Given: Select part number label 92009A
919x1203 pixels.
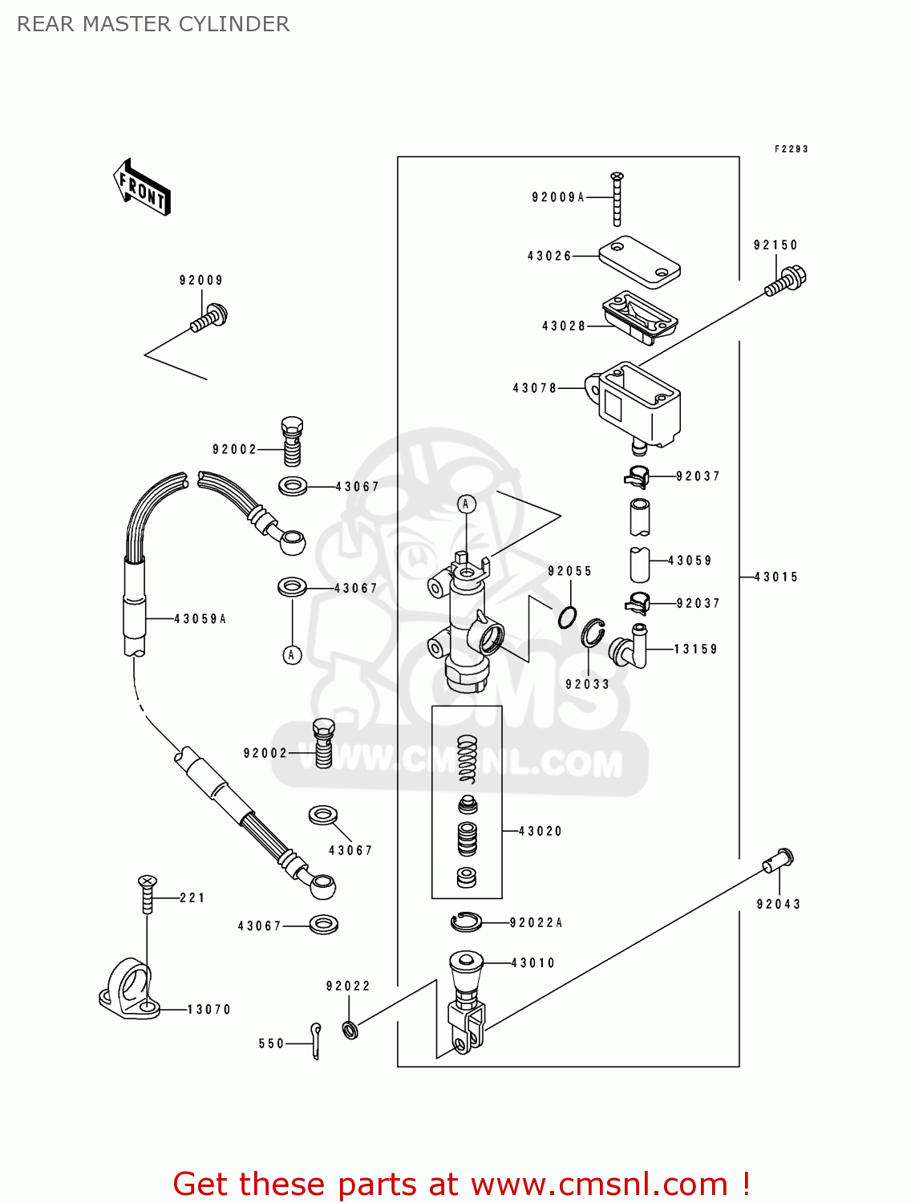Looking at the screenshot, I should [558, 197].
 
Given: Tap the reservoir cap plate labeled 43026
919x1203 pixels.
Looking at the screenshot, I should [639, 261].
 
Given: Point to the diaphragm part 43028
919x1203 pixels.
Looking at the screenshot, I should [639, 317].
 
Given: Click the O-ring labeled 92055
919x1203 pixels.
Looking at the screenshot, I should [568, 617].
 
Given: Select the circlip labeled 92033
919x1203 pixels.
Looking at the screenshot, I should [593, 634].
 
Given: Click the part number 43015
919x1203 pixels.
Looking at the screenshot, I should [776, 577].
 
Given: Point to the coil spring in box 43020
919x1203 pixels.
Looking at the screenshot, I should [468, 759].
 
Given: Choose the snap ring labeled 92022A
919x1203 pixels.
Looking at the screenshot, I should [466, 922].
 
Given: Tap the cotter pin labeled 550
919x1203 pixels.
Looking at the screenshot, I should [316, 1040].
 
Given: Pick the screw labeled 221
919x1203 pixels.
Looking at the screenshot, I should [147, 894].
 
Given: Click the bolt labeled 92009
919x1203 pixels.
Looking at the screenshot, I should [209, 318].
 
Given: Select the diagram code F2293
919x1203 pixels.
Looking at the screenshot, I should [791, 149].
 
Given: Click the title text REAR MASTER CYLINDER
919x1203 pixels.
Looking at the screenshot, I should [153, 24].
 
